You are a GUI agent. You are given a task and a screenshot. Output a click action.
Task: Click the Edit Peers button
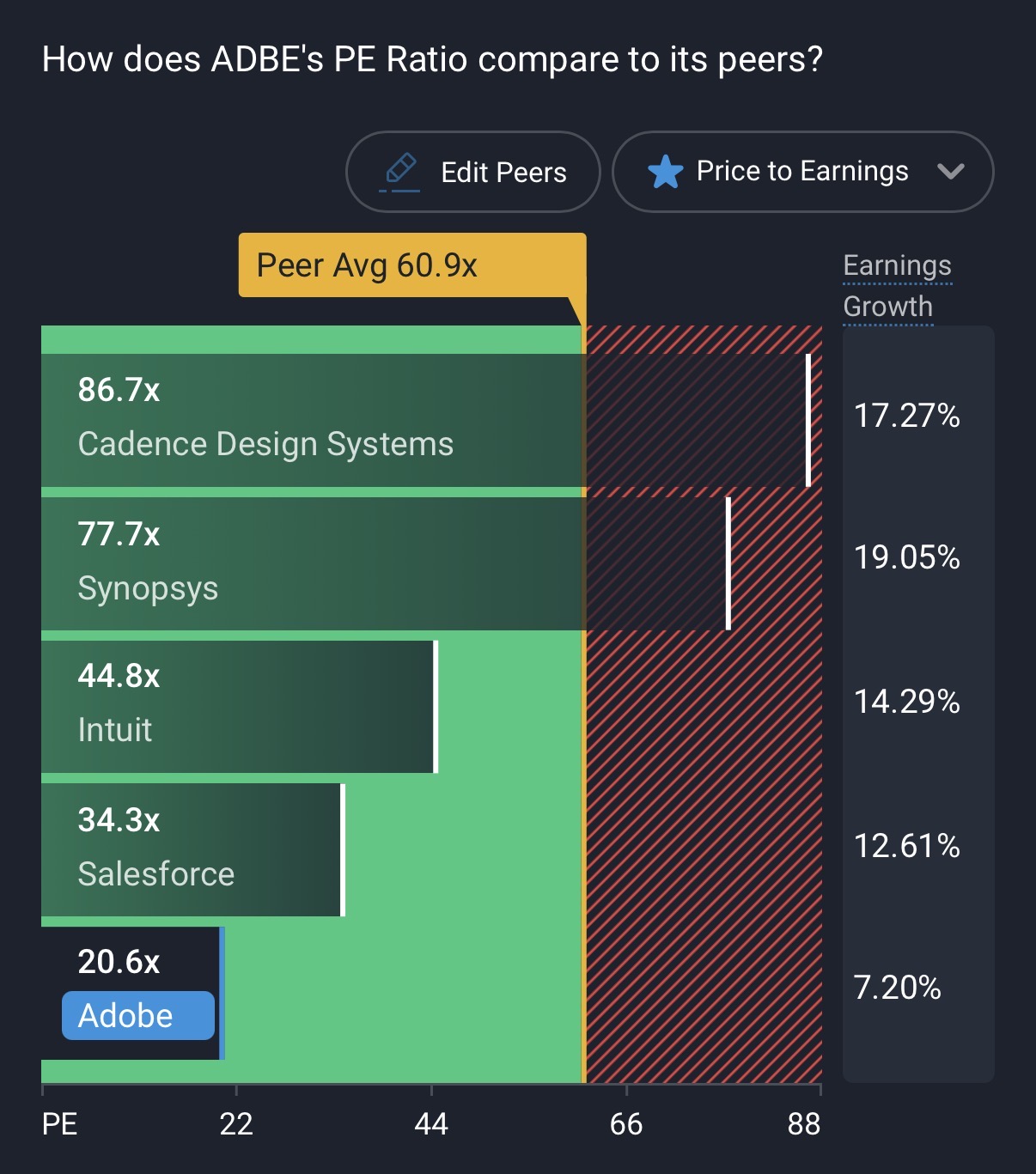[472, 172]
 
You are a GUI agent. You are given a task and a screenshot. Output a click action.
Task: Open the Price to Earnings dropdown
[802, 172]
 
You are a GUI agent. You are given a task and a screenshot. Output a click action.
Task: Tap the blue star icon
[666, 172]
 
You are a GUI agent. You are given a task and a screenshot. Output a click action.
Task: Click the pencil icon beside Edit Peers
[400, 170]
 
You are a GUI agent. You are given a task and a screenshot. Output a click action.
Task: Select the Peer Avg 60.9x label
[367, 265]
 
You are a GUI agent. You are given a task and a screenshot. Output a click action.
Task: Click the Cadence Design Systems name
[265, 444]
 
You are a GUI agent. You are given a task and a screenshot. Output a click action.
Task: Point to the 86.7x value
[119, 390]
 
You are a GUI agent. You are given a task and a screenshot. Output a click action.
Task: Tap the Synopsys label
[148, 588]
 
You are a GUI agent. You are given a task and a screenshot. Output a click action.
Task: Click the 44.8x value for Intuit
[119, 676]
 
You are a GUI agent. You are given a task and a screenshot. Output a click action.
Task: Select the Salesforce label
[155, 873]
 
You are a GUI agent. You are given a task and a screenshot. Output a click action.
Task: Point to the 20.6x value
[119, 962]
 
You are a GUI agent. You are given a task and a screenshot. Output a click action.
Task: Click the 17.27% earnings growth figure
[906, 416]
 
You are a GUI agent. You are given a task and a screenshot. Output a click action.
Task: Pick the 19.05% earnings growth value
[906, 557]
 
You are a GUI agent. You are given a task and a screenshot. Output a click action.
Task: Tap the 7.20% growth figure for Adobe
[897, 988]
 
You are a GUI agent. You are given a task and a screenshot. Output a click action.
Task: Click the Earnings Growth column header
[897, 286]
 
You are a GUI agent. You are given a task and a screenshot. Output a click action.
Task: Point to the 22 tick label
[236, 1124]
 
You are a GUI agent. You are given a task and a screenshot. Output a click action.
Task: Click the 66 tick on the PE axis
[625, 1124]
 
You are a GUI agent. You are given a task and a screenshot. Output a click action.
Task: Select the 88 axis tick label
[804, 1124]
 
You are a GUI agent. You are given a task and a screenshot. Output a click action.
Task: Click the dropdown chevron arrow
[951, 172]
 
